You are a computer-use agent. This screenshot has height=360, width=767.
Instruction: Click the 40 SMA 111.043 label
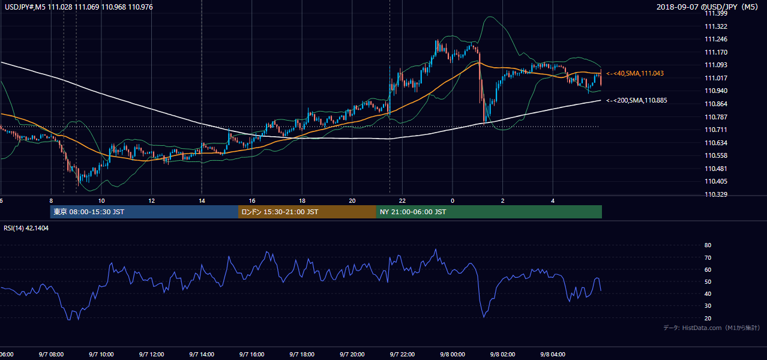[635, 73]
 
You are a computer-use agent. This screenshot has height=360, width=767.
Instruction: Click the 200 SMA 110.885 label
[637, 100]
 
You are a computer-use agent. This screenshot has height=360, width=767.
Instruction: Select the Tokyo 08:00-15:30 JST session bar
[144, 212]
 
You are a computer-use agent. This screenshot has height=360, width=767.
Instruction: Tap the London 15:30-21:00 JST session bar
[307, 212]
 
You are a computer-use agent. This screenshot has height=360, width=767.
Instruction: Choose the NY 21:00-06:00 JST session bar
[489, 212]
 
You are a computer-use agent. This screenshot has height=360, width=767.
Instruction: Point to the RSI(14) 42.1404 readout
[26, 228]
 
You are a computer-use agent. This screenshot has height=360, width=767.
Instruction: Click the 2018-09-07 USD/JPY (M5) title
[707, 7]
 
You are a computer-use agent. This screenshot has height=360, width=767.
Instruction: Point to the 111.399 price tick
[716, 13]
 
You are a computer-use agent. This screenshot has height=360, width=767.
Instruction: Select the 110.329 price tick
[716, 194]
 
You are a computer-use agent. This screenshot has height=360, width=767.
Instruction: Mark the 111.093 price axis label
[716, 65]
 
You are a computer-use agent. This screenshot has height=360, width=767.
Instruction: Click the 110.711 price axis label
[716, 130]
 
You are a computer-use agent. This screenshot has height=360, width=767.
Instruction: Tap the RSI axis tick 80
[708, 245]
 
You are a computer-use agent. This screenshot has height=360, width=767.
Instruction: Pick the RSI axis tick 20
[708, 318]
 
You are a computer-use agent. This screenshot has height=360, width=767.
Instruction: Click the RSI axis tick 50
[708, 281]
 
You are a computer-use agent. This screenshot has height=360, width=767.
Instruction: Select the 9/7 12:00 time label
[152, 354]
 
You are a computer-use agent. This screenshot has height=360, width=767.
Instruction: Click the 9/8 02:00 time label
[503, 354]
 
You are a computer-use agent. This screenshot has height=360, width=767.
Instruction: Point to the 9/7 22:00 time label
[402, 354]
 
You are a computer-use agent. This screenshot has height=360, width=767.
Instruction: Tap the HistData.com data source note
[712, 328]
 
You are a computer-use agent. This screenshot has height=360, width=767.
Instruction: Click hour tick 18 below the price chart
[302, 201]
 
